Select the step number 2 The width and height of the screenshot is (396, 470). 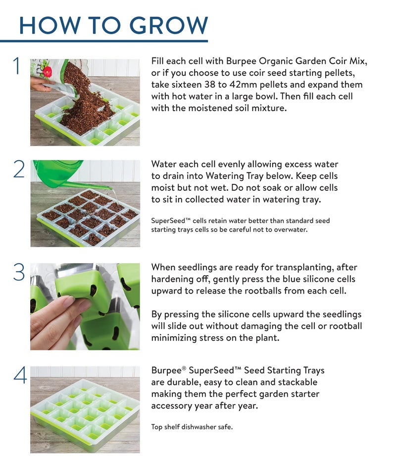tap(19, 170)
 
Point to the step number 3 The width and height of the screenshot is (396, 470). tap(19, 272)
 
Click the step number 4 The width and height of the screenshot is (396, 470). tap(20, 375)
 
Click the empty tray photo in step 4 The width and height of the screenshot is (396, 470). tap(85, 410)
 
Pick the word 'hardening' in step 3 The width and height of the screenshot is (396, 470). tap(172, 279)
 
